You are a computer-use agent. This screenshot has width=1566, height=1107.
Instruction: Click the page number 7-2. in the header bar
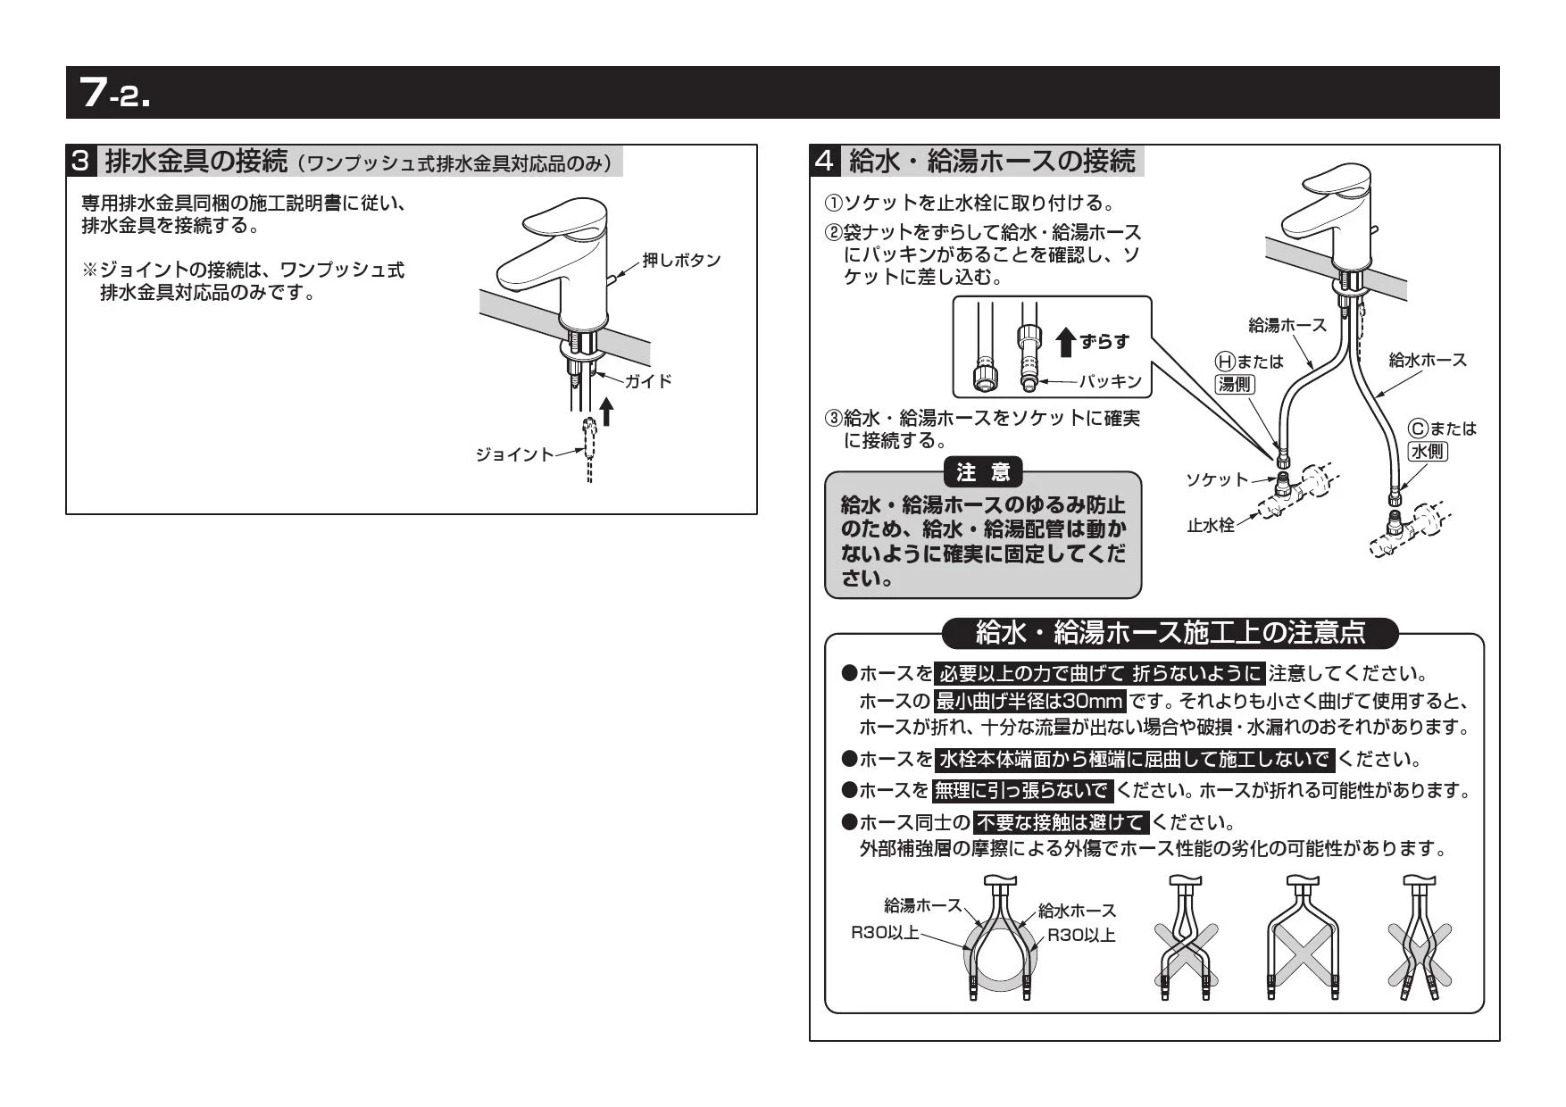[114, 92]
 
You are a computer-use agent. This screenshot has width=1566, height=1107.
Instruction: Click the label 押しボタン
[681, 260]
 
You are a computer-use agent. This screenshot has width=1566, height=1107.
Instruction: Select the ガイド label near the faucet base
[647, 381]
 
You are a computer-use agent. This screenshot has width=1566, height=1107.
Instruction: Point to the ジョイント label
[514, 454]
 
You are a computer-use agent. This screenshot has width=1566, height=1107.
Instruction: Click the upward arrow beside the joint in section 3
[607, 412]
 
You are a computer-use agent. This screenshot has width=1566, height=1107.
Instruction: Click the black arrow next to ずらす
[1065, 342]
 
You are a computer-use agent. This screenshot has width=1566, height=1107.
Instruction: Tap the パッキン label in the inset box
[1110, 381]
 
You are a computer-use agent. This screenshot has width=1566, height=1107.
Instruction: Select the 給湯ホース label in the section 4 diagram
[1287, 325]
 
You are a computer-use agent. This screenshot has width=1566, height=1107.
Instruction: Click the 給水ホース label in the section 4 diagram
[1428, 360]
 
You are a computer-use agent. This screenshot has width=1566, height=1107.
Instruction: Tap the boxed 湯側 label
[1236, 384]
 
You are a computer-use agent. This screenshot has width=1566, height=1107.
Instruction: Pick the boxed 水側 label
[1428, 451]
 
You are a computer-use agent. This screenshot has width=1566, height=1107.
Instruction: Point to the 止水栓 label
[1210, 526]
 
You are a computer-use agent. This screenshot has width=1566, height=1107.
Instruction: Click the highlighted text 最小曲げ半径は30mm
[1029, 701]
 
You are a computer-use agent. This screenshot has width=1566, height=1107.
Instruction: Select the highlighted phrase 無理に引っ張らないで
[1021, 790]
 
